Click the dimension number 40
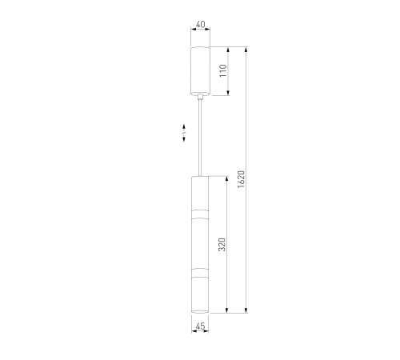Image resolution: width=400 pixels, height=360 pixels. tap(201, 24)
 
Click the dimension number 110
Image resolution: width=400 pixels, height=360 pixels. tap(223, 70)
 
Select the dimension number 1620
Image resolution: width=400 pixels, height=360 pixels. tap(241, 179)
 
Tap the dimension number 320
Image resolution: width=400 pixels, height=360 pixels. tap(222, 244)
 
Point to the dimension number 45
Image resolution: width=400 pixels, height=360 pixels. tap(200, 326)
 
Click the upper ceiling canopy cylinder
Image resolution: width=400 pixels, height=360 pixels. tap(200, 71)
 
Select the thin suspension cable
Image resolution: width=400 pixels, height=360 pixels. tap(200, 138)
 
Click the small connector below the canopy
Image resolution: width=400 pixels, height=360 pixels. tap(200, 97)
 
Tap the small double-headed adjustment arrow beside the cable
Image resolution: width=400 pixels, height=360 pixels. tap(184, 133)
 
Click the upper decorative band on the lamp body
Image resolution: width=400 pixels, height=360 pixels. tap(200, 214)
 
